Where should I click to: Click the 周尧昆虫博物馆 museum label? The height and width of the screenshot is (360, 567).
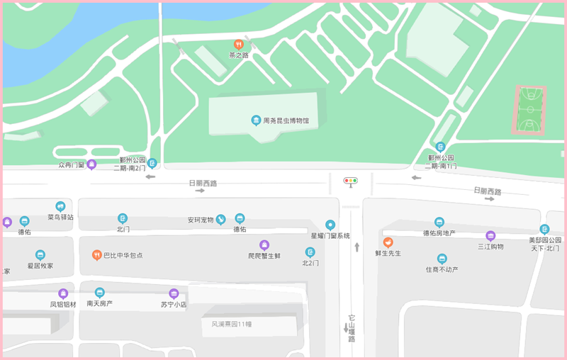pos(286,121)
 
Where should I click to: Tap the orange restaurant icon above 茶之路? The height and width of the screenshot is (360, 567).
pos(239,44)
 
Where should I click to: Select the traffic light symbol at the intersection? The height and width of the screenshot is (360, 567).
pos(351,181)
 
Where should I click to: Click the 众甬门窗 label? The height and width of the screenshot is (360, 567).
pos(71,165)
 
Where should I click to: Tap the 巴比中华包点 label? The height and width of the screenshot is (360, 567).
pos(123,255)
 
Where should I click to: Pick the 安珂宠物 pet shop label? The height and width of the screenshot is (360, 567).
pos(201,220)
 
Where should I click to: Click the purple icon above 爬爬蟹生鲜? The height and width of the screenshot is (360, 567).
pos(264,244)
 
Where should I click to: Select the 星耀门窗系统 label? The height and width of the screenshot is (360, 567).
pos(330,235)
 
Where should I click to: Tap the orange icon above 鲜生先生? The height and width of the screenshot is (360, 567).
pos(388,242)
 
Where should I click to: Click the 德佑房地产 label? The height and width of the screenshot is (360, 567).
pos(439,233)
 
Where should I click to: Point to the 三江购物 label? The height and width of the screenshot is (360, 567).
pos(490,247)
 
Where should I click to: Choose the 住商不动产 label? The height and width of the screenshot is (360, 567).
pos(442,269)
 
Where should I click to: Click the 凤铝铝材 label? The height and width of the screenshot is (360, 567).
pos(62,304)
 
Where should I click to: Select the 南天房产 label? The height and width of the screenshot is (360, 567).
pos(99,303)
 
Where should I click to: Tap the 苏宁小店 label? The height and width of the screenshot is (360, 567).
pos(173,305)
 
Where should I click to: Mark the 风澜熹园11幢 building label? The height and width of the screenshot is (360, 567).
pos(231,324)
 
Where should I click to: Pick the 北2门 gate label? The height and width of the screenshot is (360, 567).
pos(310,263)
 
